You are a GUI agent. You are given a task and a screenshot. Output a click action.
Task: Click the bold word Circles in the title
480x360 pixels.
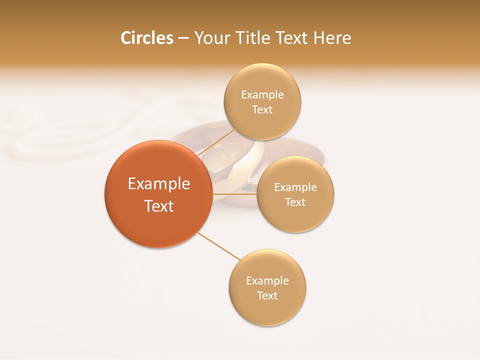coord(147,38)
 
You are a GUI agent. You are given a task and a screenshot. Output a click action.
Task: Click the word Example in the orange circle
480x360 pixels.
coord(159,184)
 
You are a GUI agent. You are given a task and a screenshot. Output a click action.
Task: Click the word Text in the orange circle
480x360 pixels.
coord(159,206)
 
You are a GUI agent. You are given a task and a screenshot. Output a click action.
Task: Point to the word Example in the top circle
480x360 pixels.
coord(262,94)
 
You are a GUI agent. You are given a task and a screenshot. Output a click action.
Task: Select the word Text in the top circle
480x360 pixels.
coord(262,109)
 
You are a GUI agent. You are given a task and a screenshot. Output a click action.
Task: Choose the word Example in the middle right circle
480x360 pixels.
coord(295,187)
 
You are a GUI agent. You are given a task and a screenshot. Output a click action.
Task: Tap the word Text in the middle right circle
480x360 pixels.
coord(295,202)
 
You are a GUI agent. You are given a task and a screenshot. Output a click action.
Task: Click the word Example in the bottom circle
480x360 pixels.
coord(267,280)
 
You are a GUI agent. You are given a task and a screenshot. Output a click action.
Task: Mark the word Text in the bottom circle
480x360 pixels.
coord(267,295)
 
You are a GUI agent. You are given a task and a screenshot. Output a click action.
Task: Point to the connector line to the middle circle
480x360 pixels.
coord(234,194)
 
